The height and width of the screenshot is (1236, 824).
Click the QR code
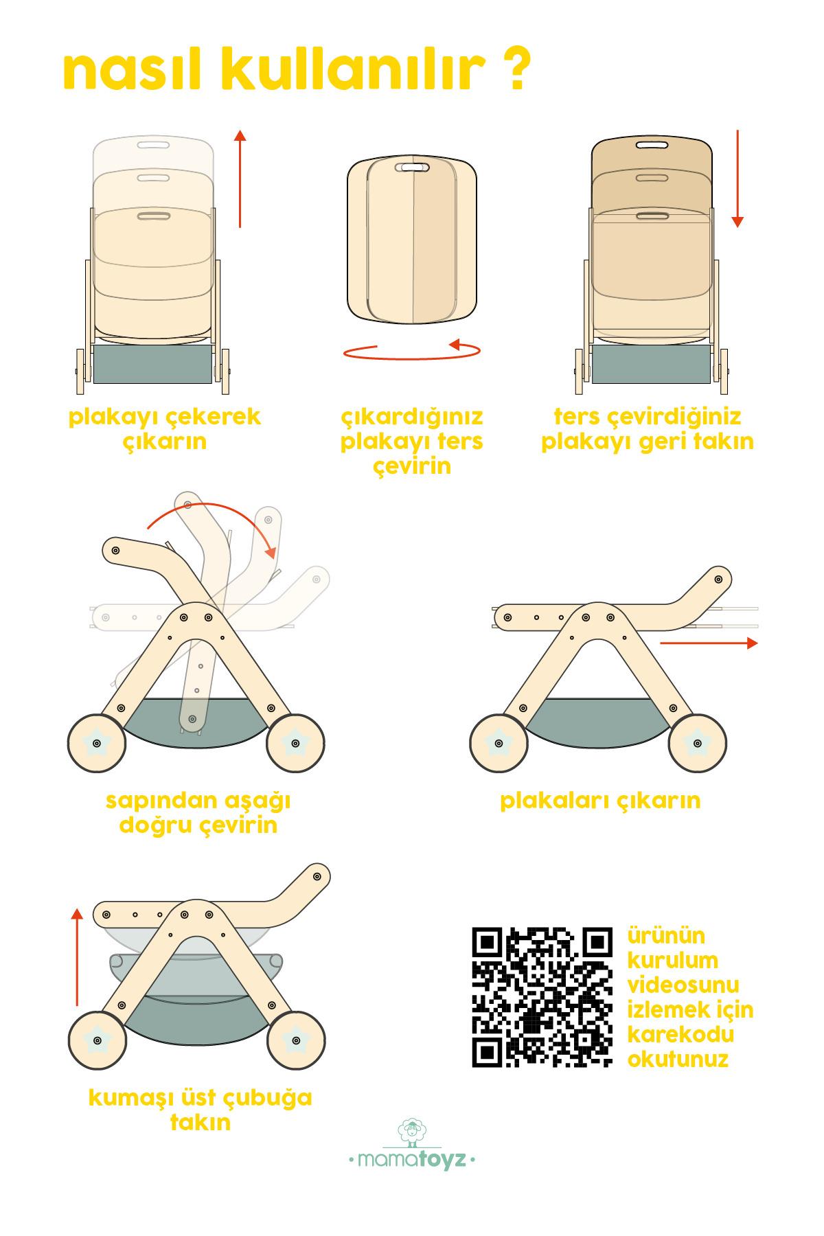[542, 998]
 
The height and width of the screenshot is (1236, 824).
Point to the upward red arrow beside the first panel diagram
[240, 178]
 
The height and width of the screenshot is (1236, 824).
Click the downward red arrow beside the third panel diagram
[737, 178]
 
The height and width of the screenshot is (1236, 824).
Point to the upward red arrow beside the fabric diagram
[77, 956]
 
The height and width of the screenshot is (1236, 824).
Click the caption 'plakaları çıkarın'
[600, 801]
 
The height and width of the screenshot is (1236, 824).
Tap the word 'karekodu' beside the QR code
[680, 1034]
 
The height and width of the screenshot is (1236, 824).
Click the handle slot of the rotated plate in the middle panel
[412, 168]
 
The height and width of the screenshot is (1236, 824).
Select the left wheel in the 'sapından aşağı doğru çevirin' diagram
[96, 742]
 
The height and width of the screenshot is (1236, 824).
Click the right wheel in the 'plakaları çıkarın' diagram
[698, 742]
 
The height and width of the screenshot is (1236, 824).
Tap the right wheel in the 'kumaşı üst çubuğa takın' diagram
[295, 1041]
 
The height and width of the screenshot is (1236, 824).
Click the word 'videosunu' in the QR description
[683, 985]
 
